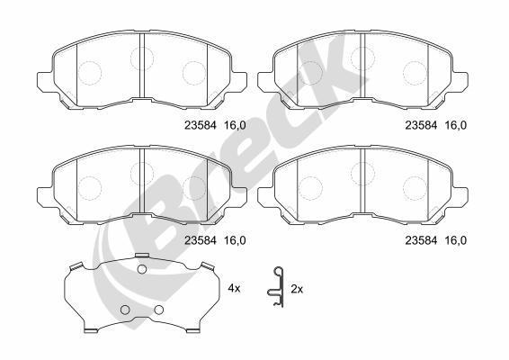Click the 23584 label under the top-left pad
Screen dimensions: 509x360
coord(200,125)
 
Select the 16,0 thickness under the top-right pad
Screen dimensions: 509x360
coord(455,125)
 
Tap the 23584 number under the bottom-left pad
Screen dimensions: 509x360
coord(200,240)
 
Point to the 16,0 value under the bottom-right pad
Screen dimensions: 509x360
coord(455,240)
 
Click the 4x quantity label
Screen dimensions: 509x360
coord(234,288)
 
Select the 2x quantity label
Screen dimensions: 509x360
coord(297,289)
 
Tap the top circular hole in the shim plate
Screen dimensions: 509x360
coord(142,269)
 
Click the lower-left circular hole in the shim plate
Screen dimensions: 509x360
coord(125,310)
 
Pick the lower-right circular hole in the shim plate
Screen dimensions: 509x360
coord(159,310)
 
